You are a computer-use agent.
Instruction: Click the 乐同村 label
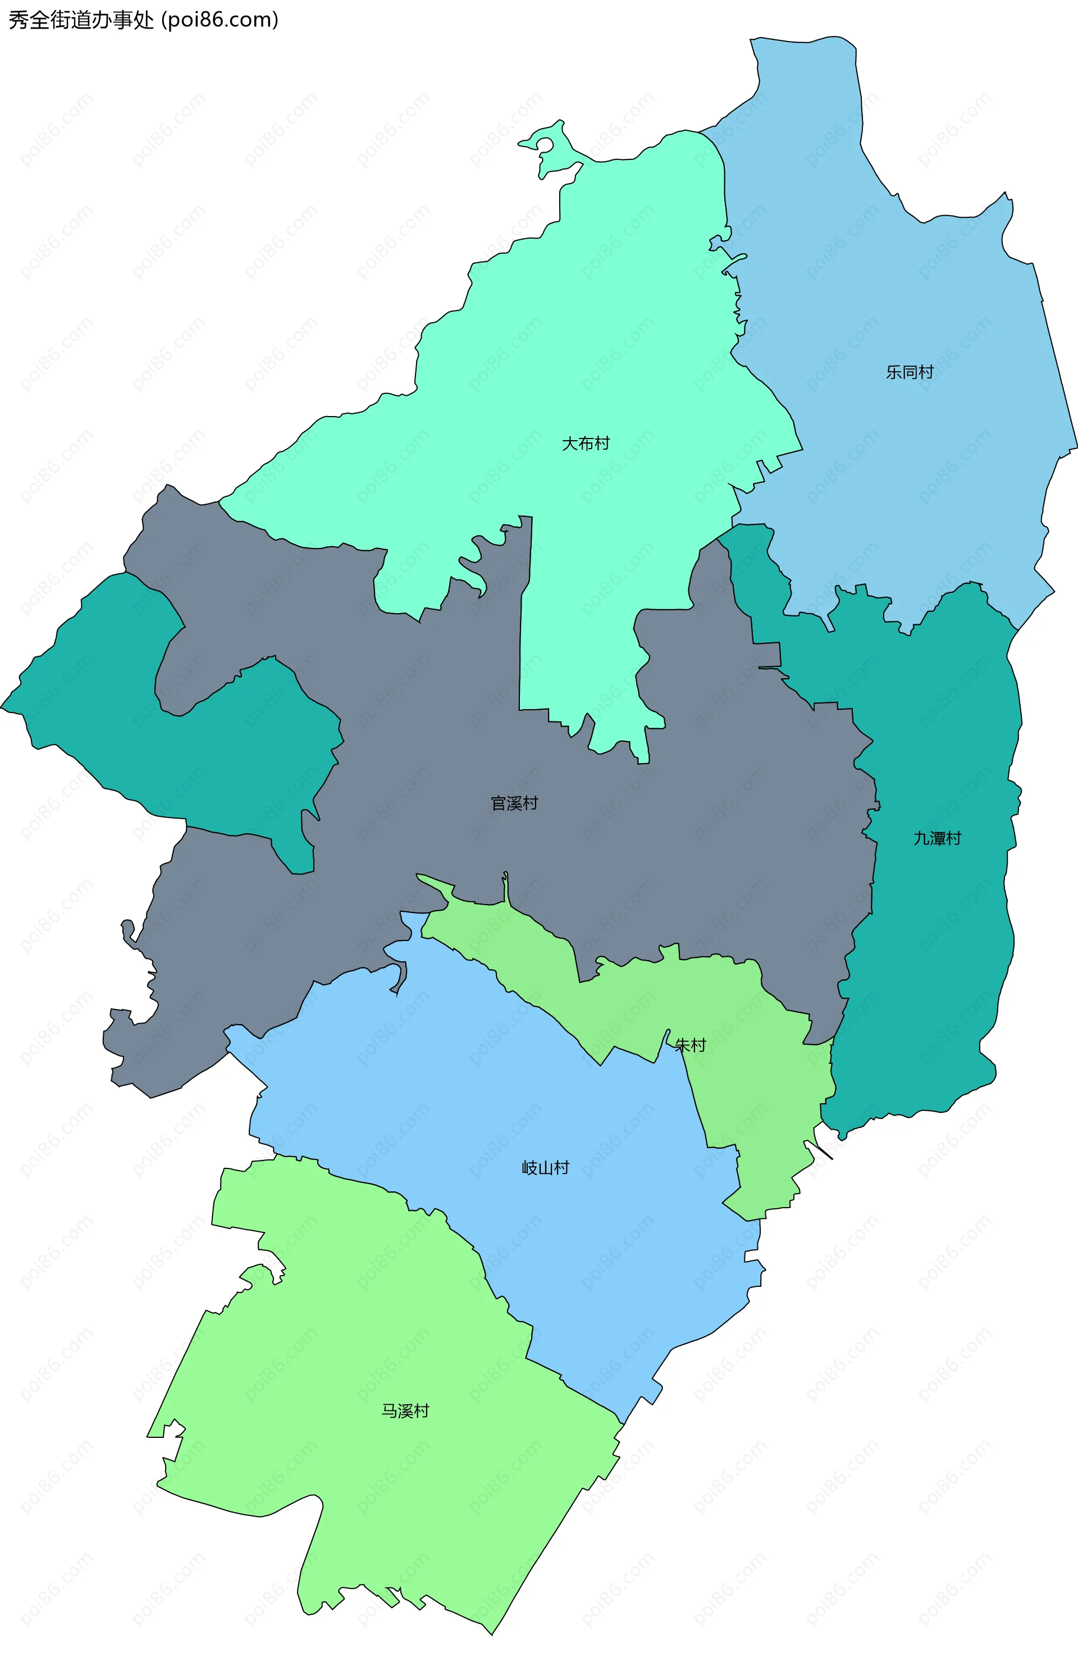(x=910, y=372)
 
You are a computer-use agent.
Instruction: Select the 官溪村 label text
(x=514, y=803)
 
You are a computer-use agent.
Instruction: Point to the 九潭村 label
(x=937, y=838)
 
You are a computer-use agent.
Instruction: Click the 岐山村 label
(x=545, y=1167)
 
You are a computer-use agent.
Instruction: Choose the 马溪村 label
(x=405, y=1411)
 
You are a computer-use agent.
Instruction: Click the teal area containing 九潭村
(x=938, y=945)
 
